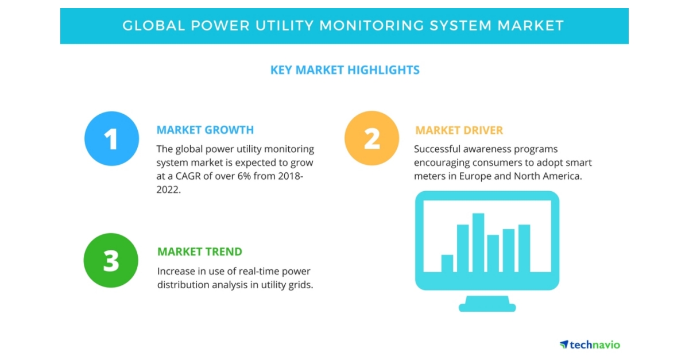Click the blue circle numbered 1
pyautogui.click(x=111, y=138)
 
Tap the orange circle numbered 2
pyautogui.click(x=371, y=138)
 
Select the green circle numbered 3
pyautogui.click(x=111, y=260)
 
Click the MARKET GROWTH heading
pyautogui.click(x=205, y=130)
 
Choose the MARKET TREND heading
pyautogui.click(x=200, y=251)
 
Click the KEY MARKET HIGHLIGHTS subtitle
pyautogui.click(x=344, y=70)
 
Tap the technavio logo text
pyautogui.click(x=595, y=344)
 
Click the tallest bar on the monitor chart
pyautogui.click(x=478, y=242)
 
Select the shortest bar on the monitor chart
pyautogui.click(x=447, y=263)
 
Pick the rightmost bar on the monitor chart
pyautogui.click(x=524, y=248)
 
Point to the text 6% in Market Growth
pyautogui.click(x=246, y=162)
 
